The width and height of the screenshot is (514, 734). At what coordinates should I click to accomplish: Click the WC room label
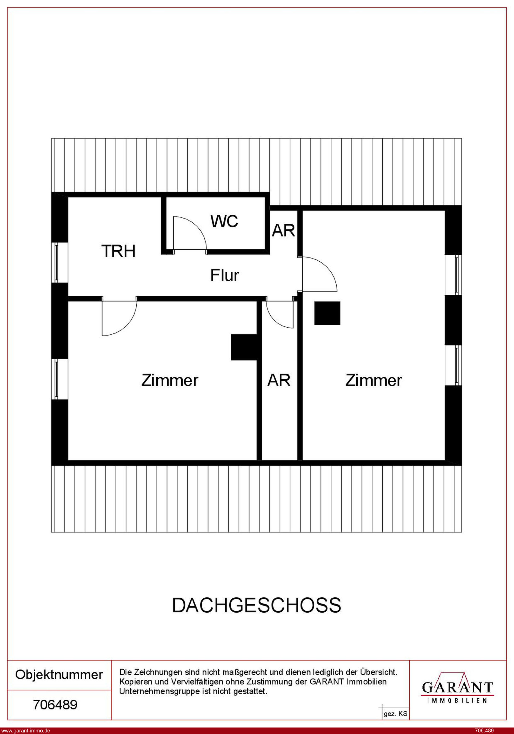point(224,221)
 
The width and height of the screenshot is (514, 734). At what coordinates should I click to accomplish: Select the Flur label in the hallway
point(224,275)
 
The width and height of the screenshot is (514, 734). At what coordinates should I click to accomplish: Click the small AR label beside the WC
point(283,230)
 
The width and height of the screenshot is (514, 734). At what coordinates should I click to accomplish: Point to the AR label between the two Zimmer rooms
point(279,380)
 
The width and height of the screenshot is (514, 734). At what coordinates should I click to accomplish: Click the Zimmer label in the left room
point(170,380)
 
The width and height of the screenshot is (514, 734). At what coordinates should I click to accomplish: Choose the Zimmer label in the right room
point(373,380)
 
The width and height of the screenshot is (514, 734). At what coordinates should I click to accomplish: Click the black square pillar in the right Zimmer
point(327,313)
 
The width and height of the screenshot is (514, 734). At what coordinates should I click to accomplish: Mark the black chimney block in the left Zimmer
point(244,347)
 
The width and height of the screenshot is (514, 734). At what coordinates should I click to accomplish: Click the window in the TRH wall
point(57,262)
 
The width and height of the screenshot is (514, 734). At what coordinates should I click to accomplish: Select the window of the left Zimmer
point(57,379)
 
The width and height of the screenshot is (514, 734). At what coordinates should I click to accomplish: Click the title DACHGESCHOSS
point(257,605)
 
